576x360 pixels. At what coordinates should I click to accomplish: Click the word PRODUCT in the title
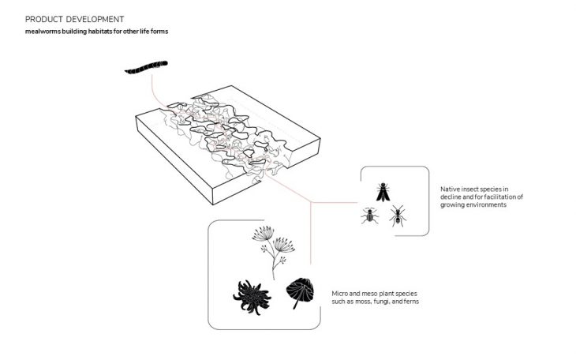40,19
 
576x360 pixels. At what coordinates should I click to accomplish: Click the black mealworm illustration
146,68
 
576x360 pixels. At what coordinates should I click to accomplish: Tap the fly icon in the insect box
383,192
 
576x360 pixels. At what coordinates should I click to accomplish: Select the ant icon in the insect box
398,216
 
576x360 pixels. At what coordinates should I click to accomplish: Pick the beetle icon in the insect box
369,216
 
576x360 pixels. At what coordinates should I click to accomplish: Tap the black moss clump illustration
252,297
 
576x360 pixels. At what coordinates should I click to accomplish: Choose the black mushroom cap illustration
300,292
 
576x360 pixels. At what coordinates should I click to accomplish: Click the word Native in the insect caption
450,189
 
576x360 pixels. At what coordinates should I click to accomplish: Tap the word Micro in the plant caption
340,294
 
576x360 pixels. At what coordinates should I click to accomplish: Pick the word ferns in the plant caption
411,302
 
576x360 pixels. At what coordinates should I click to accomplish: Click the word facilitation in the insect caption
503,197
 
